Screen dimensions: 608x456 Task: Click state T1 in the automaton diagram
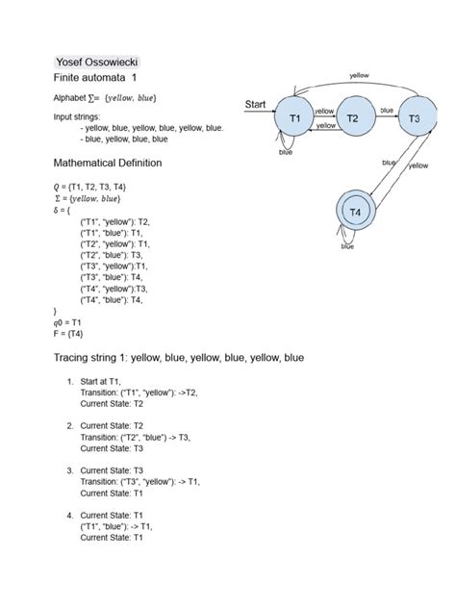coord(296,118)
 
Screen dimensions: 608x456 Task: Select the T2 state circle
coord(353,118)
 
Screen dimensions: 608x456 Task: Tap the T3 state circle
coord(415,118)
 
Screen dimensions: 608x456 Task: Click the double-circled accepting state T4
coord(354,211)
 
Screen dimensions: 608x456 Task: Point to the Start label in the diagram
coord(256,104)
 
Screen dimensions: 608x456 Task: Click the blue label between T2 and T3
coord(387,110)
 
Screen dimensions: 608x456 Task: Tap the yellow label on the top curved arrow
coord(359,74)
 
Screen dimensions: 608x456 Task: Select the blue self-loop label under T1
coord(286,152)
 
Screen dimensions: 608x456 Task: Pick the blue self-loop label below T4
coord(347,246)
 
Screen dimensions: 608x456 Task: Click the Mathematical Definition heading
coord(108,164)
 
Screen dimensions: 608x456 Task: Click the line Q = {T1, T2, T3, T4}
coord(91,186)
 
